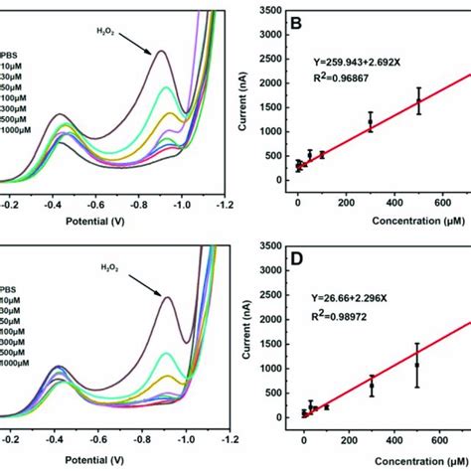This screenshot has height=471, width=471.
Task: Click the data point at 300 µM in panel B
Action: click(x=371, y=123)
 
